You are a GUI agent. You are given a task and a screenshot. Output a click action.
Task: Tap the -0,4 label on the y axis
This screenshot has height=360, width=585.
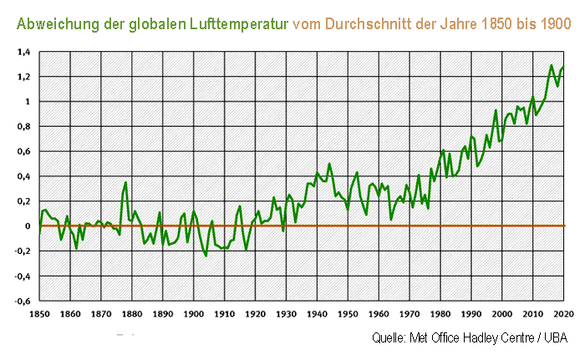[x=21, y=276]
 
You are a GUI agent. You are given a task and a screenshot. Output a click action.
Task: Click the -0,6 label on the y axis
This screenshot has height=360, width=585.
[x=21, y=302]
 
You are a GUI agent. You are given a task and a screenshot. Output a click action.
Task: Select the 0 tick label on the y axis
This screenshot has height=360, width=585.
[x=27, y=226]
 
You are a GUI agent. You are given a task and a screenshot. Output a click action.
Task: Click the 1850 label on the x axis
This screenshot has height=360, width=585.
[x=39, y=314]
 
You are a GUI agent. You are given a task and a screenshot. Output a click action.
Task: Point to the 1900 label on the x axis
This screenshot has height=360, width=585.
[x=193, y=314]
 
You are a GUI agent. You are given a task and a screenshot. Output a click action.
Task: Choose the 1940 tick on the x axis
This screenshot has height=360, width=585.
[x=317, y=314]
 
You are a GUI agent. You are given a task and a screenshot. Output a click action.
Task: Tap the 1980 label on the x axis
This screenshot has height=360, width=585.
[x=440, y=314]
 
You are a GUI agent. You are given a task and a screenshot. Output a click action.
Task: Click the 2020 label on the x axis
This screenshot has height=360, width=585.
[x=563, y=314]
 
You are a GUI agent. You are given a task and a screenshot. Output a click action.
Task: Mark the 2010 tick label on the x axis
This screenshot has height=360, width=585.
[x=532, y=314]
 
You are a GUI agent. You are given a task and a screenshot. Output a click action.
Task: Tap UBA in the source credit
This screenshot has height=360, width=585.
[x=554, y=338]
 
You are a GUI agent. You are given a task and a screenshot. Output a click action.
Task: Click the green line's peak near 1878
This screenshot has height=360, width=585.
[x=125, y=182]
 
